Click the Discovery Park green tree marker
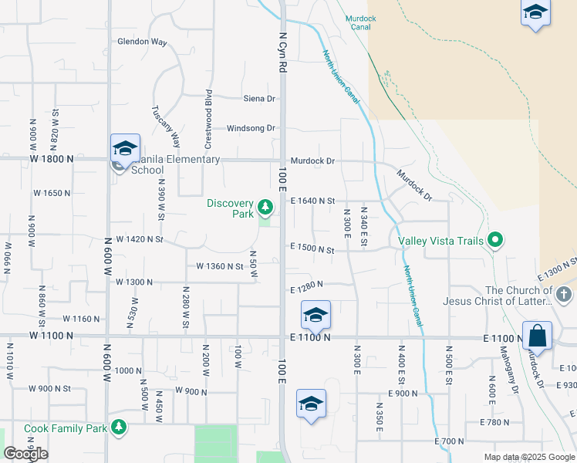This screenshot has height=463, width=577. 265,207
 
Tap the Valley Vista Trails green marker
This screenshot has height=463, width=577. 495,241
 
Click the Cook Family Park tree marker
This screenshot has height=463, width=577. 118,427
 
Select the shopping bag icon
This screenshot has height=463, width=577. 537,336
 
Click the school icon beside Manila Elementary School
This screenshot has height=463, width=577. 124,148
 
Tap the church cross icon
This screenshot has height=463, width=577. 564,294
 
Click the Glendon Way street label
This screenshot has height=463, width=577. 142,42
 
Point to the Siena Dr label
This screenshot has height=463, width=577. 259,99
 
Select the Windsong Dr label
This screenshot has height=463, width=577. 251,128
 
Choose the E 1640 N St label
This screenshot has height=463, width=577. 312,201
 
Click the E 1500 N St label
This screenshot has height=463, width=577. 312,250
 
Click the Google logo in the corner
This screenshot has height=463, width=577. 25,454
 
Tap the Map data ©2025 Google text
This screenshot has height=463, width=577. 529,457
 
